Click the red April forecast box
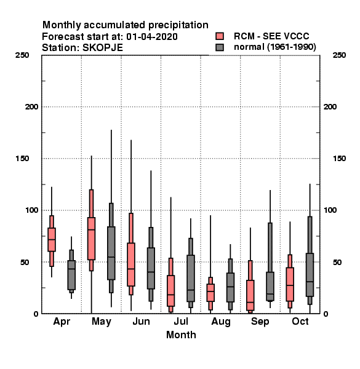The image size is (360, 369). pos(52,240)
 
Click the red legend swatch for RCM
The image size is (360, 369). pos(220,36)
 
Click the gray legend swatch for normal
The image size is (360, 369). pos(220,47)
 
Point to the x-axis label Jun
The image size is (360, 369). pos(142,322)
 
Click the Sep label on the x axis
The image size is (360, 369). pos(260,322)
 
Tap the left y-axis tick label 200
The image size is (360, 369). pos(31,107)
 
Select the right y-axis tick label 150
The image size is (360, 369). pos(339,159)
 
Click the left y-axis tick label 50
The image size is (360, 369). pos(25,262)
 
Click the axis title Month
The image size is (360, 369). pos(181,335)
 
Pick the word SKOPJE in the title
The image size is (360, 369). pos(103,48)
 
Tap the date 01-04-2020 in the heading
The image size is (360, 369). pos(152,37)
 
